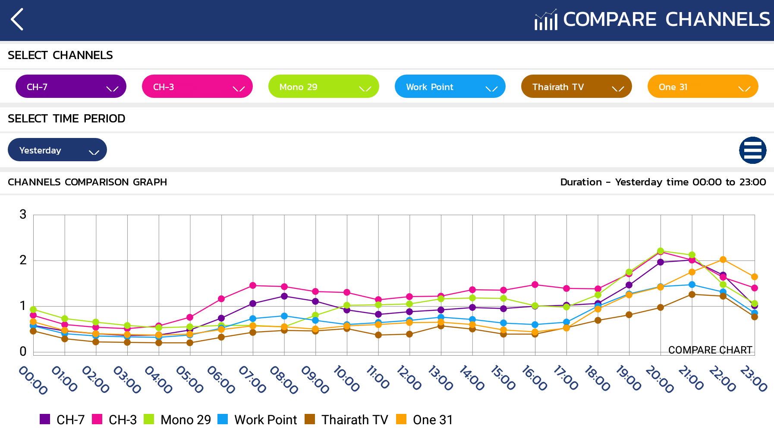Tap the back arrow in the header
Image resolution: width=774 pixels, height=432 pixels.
pyautogui.click(x=17, y=20)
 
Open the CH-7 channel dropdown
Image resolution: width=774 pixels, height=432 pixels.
pyautogui.click(x=71, y=87)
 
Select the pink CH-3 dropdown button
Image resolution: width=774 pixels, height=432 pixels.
pyautogui.click(x=197, y=87)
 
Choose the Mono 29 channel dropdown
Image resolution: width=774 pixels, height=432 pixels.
pyautogui.click(x=324, y=87)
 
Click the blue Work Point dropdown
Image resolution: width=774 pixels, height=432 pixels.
pyautogui.click(x=450, y=87)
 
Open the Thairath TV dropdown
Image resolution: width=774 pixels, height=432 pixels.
pyautogui.click(x=576, y=87)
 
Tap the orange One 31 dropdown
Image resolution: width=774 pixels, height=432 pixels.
pyautogui.click(x=703, y=87)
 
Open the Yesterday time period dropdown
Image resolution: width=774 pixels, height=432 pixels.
pyautogui.click(x=57, y=150)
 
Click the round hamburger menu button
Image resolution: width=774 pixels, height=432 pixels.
pyautogui.click(x=752, y=150)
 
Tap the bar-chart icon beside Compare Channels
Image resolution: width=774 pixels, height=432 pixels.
pyautogui.click(x=546, y=20)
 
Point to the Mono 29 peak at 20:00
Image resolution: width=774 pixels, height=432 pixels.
pyautogui.click(x=661, y=251)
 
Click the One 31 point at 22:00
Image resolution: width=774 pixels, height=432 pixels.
pyautogui.click(x=723, y=260)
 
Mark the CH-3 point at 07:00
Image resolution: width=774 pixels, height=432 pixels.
pyautogui.click(x=253, y=285)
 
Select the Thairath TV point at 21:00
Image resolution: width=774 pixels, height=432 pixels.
pyautogui.click(x=692, y=294)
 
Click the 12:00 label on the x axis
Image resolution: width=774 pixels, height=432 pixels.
pyautogui.click(x=409, y=378)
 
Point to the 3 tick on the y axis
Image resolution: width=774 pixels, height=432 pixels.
pyautogui.click(x=23, y=214)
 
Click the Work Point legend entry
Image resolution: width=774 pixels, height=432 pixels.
pyautogui.click(x=258, y=419)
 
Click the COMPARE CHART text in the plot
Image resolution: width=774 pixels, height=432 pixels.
pyautogui.click(x=710, y=350)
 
